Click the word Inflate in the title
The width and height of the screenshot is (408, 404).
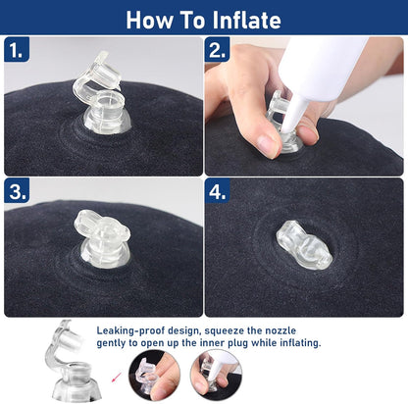click(x=247, y=21)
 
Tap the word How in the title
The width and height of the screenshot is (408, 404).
click(x=149, y=21)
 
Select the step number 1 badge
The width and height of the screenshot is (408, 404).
click(x=17, y=50)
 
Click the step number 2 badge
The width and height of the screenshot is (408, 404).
click(x=217, y=50)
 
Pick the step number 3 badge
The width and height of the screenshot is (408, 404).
click(x=17, y=191)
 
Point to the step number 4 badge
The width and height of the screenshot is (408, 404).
click(x=218, y=191)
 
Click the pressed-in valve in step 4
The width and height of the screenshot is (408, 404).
click(x=304, y=245)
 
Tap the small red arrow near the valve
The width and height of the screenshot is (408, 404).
click(x=116, y=377)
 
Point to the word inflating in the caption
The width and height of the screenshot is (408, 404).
click(x=300, y=343)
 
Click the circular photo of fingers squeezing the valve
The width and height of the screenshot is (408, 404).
click(x=154, y=375)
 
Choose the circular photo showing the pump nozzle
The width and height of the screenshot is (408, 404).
click(x=217, y=375)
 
